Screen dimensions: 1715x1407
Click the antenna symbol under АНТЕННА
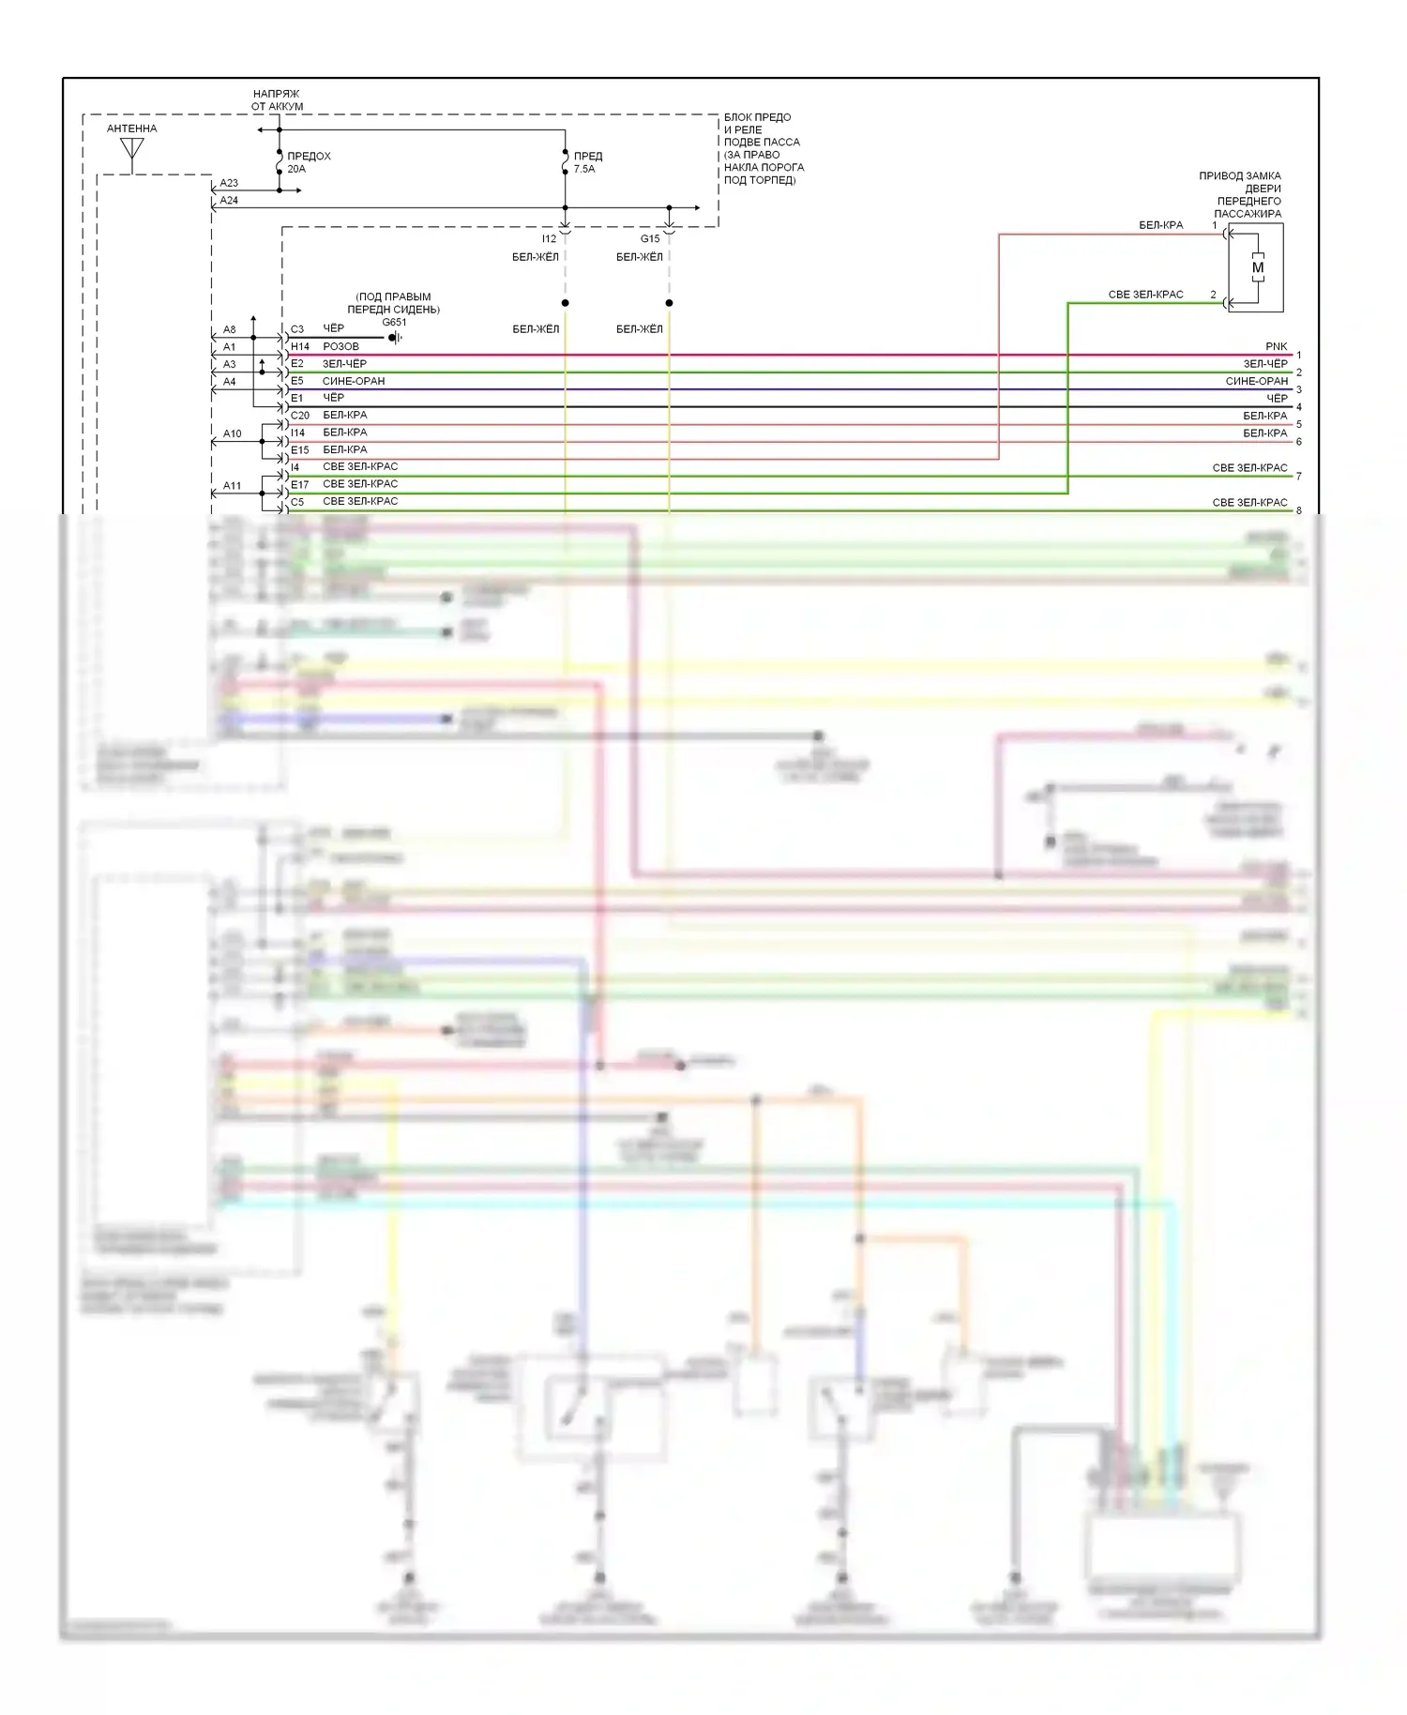pos(132,151)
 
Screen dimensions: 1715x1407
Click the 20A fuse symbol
pos(280,163)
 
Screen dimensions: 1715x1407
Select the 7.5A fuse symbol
pos(565,163)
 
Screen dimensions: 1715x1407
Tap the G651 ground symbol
pos(395,338)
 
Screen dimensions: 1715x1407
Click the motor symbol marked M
pos(1258,267)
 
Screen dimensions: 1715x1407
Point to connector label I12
pos(549,239)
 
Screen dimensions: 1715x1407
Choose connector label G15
pos(650,239)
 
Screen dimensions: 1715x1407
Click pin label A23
pos(229,184)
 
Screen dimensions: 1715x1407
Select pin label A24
pos(229,201)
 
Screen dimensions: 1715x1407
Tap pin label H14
pos(300,347)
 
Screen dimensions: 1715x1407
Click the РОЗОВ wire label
pos(341,347)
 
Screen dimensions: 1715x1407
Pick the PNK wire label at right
pos(1276,347)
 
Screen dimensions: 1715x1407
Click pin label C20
pos(300,416)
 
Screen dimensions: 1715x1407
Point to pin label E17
pos(300,485)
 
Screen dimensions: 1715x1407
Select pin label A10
pos(232,434)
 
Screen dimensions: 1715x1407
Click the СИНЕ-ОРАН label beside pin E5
pos(354,382)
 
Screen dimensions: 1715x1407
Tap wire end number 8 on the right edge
pos(1299,511)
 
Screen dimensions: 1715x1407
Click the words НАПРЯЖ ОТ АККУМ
pos(277,100)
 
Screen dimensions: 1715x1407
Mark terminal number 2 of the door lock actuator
pos(1213,296)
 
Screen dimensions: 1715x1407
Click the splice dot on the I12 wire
pos(565,303)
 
